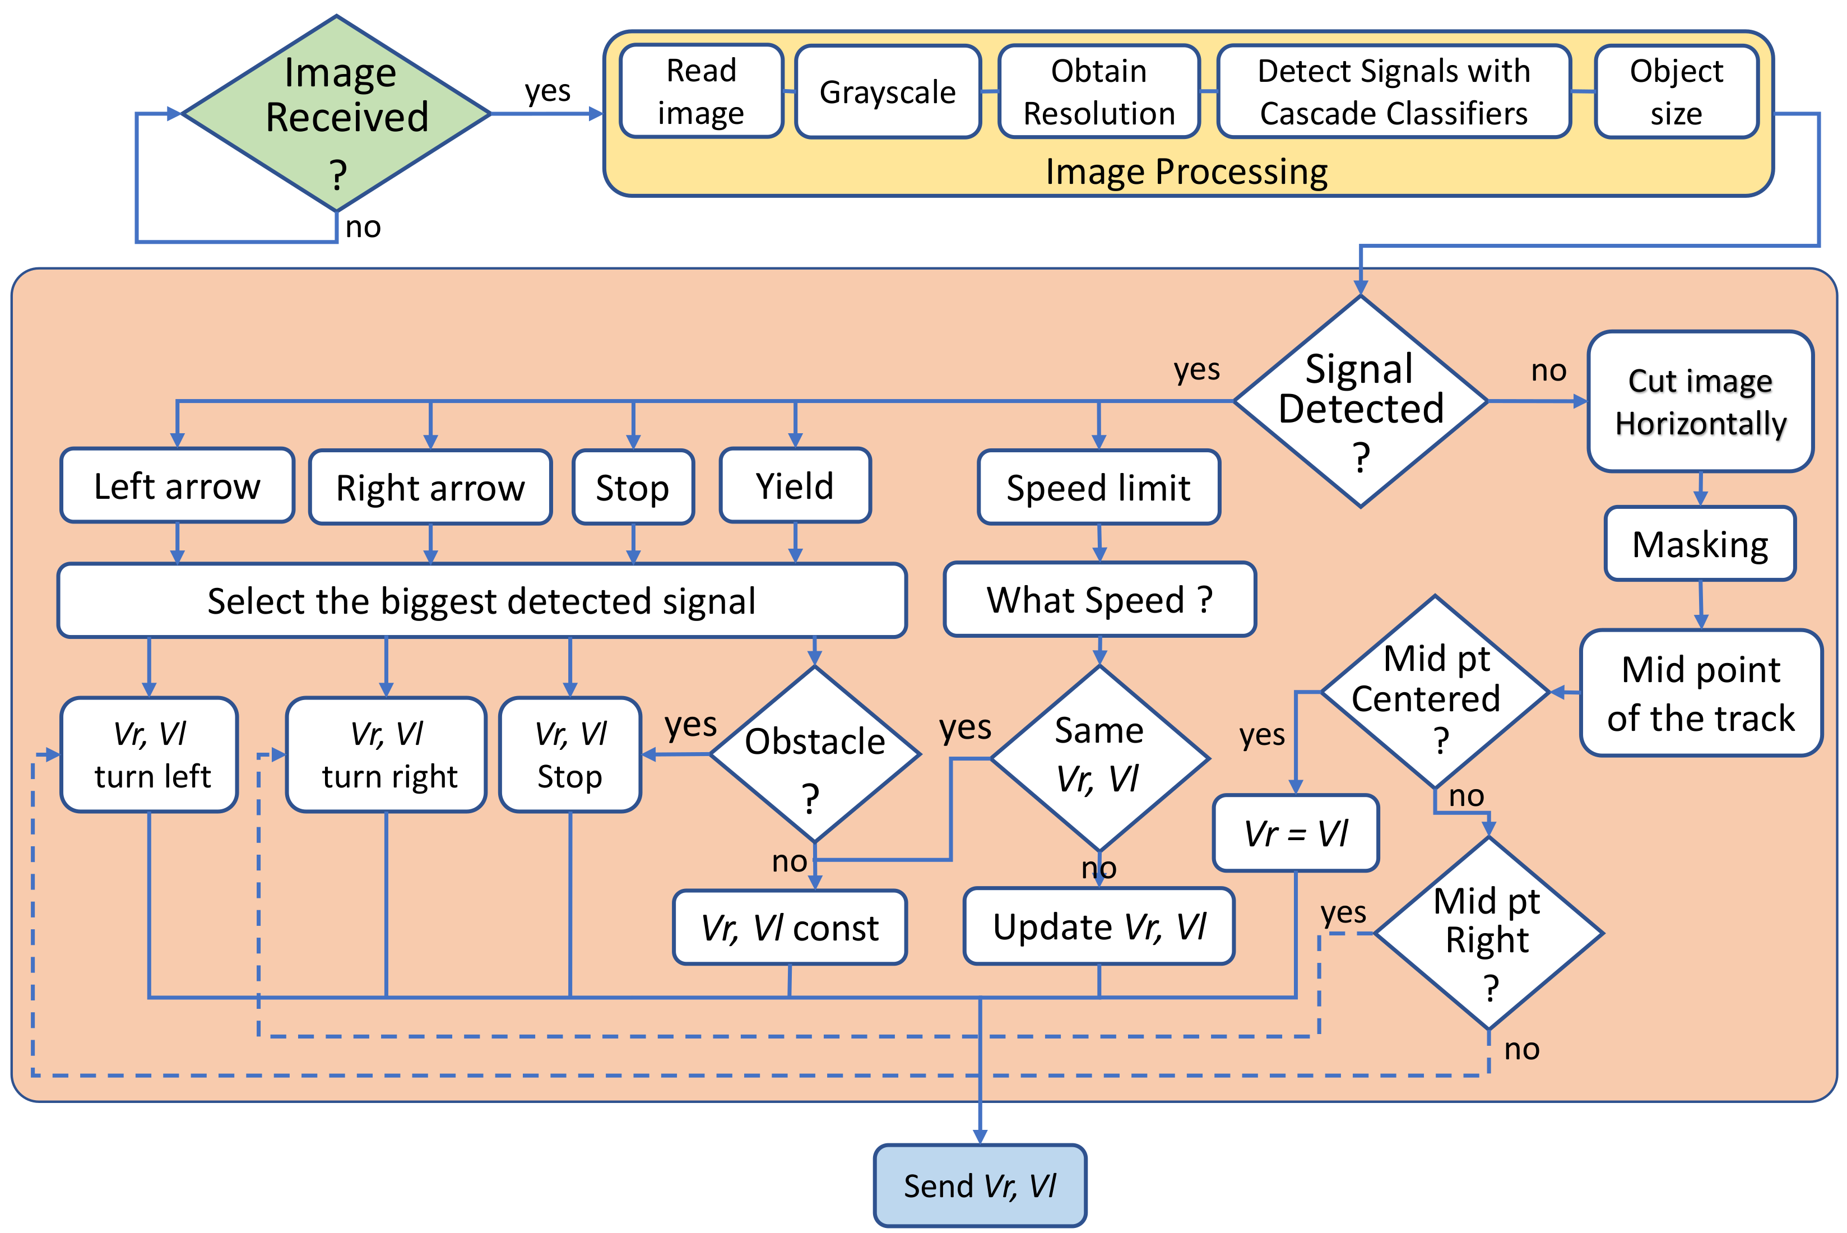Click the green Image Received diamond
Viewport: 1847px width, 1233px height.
[337, 114]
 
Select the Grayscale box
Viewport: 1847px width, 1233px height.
[887, 92]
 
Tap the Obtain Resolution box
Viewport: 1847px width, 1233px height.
[1098, 92]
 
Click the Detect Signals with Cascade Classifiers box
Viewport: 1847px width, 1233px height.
[1393, 92]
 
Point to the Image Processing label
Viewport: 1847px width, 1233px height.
[1186, 171]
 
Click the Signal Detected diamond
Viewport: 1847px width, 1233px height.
[1360, 402]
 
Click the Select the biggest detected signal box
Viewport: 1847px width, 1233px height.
[481, 601]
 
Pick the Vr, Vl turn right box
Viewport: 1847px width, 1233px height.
[387, 755]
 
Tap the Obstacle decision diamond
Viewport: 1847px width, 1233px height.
[815, 755]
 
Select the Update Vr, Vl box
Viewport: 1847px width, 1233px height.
[1098, 926]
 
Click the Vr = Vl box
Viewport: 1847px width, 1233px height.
[1295, 833]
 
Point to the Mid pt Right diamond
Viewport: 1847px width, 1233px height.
[1488, 934]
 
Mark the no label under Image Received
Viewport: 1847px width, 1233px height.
[363, 227]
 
